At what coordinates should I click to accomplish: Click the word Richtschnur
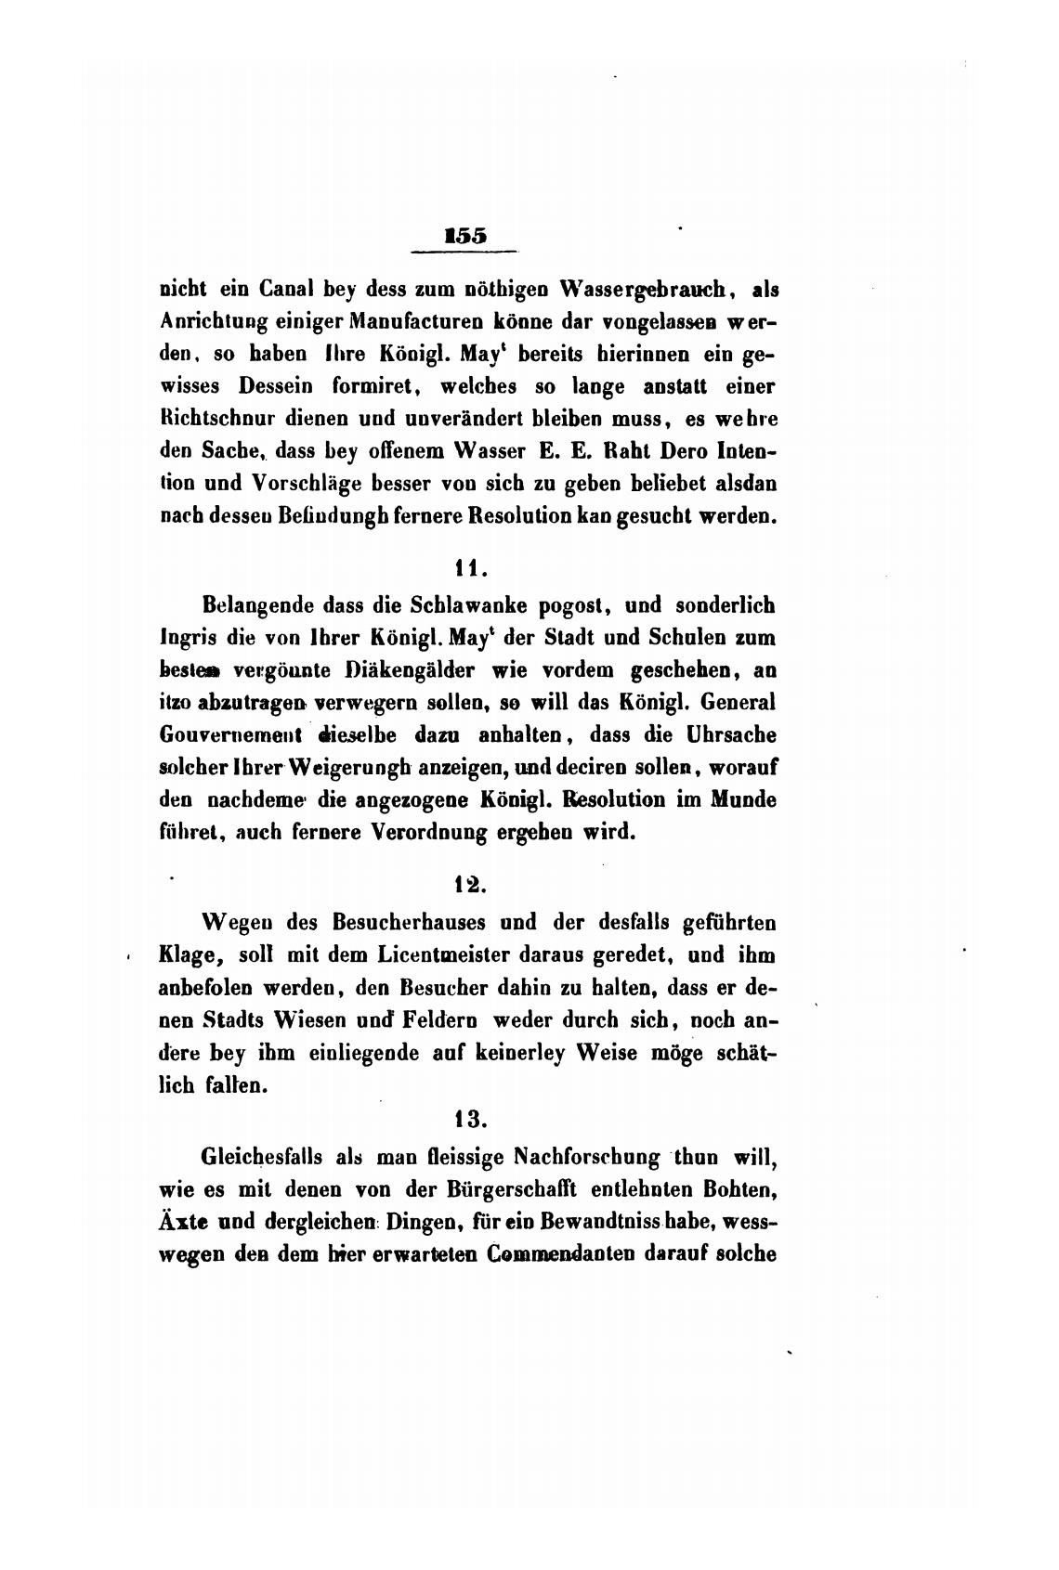coord(227,418)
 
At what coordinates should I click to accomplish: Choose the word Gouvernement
coord(232,734)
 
